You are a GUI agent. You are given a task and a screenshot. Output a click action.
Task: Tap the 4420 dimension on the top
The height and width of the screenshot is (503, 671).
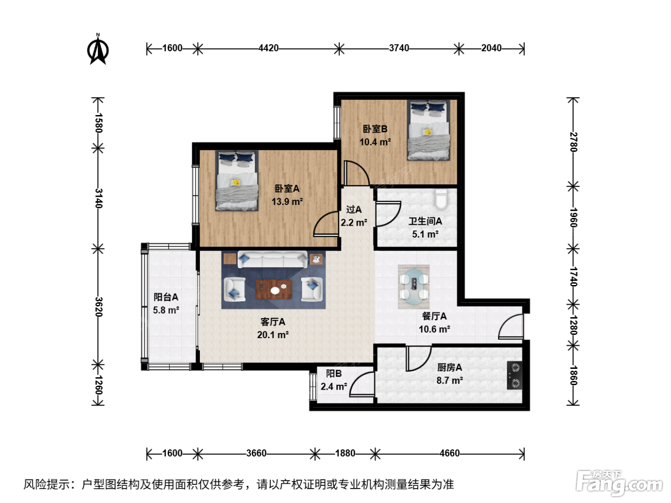pos(268,48)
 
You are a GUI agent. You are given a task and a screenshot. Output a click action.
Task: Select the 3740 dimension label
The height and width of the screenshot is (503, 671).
pos(399,48)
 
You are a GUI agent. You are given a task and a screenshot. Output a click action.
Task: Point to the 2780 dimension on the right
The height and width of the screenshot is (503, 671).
pos(573,142)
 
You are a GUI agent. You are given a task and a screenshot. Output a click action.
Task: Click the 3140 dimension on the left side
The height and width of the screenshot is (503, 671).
pos(98,198)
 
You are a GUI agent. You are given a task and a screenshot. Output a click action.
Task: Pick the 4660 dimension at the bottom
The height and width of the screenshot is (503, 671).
pos(450,453)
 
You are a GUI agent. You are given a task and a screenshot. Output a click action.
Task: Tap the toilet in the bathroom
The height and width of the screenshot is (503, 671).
pos(441,198)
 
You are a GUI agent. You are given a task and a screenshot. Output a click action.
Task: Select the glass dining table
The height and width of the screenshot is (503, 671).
pos(414,286)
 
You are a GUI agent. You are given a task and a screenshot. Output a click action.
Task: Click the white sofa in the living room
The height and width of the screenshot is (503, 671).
pos(272,259)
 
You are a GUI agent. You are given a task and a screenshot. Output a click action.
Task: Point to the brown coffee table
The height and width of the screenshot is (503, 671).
pos(274,289)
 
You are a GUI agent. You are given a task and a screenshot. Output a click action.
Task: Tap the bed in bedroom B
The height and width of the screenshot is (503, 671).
pos(428,130)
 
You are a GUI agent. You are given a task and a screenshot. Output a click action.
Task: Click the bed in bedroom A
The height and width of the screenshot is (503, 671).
pos(237,181)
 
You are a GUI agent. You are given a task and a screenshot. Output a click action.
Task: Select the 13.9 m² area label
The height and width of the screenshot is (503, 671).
pos(287,202)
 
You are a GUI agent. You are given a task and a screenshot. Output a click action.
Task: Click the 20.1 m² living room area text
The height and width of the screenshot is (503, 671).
pos(273,335)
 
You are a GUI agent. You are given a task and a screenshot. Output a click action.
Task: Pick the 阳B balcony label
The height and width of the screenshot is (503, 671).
pos(334,373)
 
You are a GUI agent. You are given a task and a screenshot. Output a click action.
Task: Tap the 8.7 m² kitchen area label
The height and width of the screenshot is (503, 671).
pos(450,380)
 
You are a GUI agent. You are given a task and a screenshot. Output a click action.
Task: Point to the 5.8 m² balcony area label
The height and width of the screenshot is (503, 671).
pos(166,310)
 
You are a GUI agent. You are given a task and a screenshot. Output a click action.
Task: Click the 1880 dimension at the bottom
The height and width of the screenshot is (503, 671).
pos(345,453)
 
